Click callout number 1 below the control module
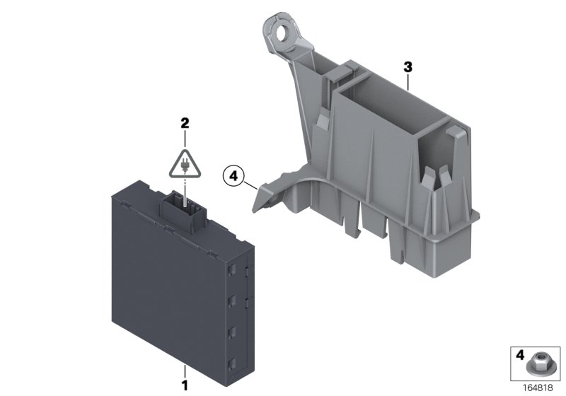click(x=185, y=385)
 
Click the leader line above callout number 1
click(x=185, y=371)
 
